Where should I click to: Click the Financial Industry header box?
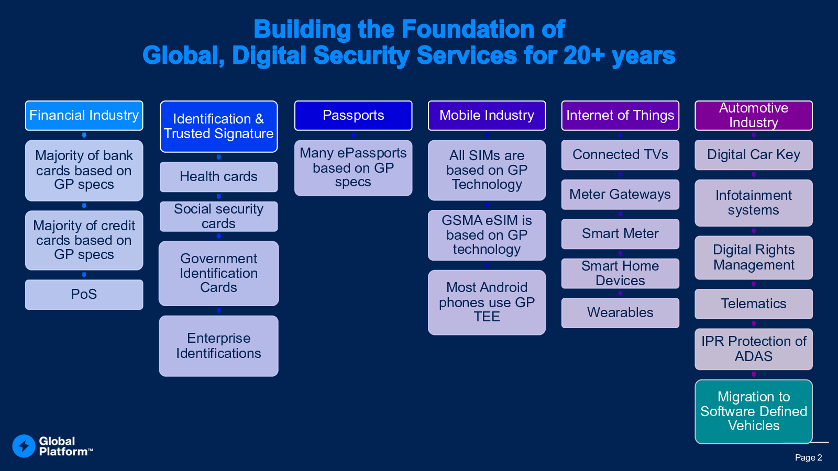[x=84, y=116]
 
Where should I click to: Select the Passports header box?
[x=353, y=116]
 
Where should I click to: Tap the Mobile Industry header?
[x=487, y=116]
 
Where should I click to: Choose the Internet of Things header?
[x=620, y=116]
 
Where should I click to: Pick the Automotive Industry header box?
[x=754, y=116]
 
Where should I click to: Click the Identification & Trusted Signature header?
[x=219, y=126]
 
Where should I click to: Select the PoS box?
[x=84, y=295]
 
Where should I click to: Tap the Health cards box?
[x=219, y=177]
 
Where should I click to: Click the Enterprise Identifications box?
[x=219, y=346]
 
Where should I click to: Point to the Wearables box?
[x=620, y=313]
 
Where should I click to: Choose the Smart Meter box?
[x=620, y=234]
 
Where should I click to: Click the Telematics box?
[x=754, y=304]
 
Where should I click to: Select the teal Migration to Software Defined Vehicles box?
[x=754, y=411]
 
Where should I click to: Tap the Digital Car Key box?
[x=754, y=155]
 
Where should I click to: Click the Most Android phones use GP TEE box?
[x=487, y=302]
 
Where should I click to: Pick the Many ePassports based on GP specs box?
[x=353, y=168]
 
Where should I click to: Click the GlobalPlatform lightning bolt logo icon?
[x=24, y=446]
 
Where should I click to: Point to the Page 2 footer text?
[x=809, y=457]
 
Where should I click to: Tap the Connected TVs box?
[x=620, y=155]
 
